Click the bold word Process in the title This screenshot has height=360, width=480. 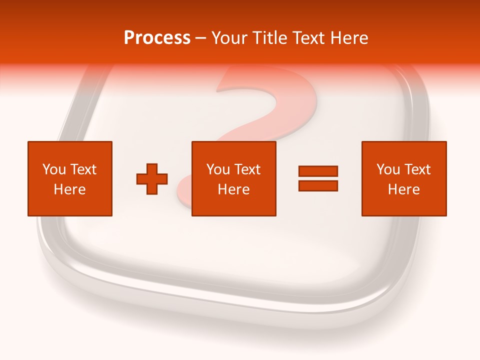[157, 38]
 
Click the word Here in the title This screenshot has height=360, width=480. [349, 38]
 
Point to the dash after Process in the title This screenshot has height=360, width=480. [200, 39]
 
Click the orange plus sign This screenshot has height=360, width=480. [152, 179]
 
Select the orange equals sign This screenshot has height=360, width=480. [318, 178]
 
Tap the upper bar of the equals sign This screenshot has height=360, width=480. [318, 171]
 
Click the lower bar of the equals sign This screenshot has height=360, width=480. [318, 186]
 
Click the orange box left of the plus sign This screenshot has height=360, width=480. [70, 179]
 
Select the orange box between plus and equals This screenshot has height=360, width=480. [234, 179]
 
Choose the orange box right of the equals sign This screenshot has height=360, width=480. [404, 179]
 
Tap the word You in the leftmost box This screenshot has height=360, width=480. [54, 169]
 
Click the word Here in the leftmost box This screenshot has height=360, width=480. [70, 189]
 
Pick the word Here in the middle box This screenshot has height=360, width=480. [234, 189]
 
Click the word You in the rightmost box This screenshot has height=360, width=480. [388, 169]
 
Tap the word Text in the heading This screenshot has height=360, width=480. [310, 38]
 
